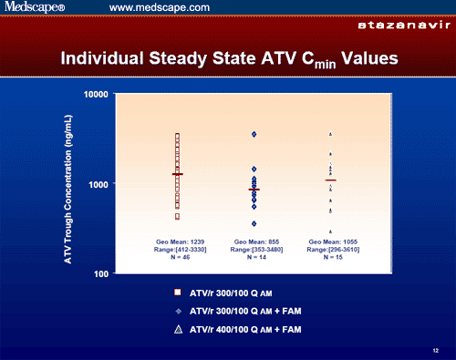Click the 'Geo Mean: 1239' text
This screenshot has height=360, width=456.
coord(177,242)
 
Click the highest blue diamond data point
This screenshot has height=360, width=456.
coord(254,134)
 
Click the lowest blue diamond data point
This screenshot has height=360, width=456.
coord(254,223)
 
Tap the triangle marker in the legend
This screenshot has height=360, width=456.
coord(178,328)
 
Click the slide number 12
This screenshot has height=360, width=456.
coord(436,349)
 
